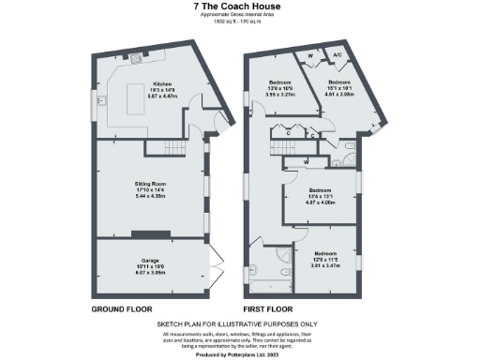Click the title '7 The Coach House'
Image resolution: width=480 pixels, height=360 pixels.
click(239, 7)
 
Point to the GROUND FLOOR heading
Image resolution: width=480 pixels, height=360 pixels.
click(123, 308)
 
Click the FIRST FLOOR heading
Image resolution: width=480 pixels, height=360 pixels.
click(268, 308)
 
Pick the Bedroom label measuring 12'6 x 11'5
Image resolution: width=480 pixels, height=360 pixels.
click(326, 260)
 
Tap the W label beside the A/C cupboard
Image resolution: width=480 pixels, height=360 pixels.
click(311, 56)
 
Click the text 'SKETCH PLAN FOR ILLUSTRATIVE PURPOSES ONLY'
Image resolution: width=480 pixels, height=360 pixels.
click(239, 323)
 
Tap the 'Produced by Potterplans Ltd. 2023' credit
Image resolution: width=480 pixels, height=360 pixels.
click(239, 354)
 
